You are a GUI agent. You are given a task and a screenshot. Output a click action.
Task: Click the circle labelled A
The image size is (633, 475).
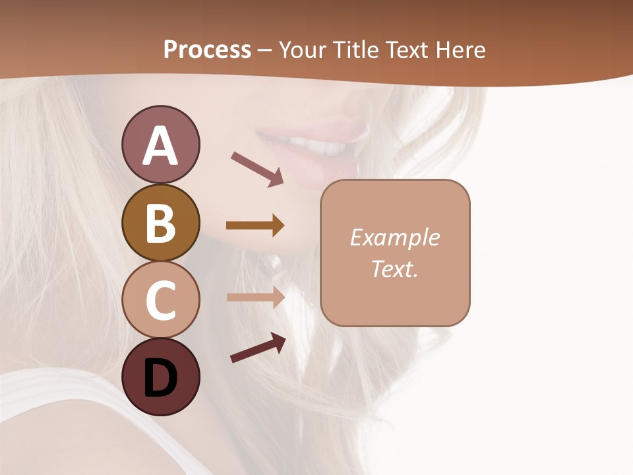tap(160, 144)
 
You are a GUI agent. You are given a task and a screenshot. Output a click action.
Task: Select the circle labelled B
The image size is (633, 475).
tap(160, 222)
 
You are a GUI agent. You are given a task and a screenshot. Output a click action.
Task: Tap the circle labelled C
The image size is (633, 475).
tap(160, 300)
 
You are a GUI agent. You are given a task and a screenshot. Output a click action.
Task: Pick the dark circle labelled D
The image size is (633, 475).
tap(160, 377)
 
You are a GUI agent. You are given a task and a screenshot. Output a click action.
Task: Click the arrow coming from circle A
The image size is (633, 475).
tap(257, 168)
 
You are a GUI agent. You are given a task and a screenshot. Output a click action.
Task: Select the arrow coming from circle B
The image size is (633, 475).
tap(255, 226)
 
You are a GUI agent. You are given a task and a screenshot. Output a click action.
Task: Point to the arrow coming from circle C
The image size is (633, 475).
tap(255, 297)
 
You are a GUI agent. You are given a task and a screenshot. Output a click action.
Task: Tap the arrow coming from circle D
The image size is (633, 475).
tap(258, 347)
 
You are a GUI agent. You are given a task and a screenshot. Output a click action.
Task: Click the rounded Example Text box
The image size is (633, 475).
tap(395, 253)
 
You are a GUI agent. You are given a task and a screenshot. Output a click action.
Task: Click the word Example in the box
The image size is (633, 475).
tap(395, 237)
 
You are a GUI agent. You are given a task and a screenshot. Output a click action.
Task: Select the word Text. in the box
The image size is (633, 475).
tap(394, 269)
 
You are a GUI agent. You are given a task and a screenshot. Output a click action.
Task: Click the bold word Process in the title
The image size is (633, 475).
tap(207, 49)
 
